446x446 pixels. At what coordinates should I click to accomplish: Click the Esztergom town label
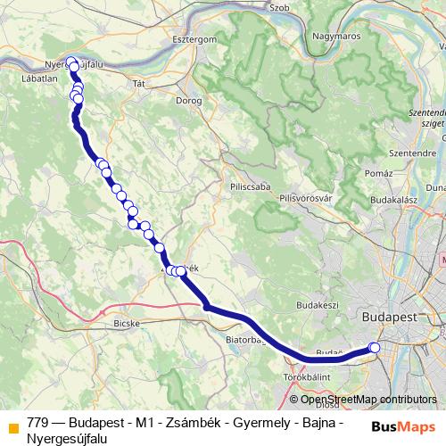[194, 39]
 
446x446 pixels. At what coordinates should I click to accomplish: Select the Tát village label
[138, 83]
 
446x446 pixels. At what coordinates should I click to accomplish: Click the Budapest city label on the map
[397, 317]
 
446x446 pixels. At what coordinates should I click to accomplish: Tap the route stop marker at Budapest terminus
[375, 348]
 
